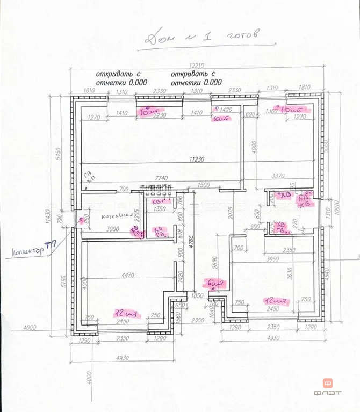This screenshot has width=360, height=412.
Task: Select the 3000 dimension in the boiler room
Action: tap(113, 229)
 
